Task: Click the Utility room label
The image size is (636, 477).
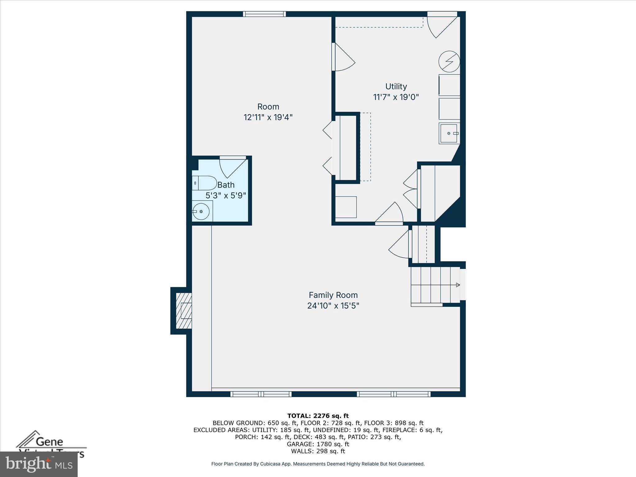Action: pos(396,86)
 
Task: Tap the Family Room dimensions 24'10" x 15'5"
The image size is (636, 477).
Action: pos(333,306)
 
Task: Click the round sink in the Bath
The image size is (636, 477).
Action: pos(201,211)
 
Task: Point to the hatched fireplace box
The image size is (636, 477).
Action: pos(184,311)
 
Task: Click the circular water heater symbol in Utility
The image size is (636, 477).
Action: pos(449,61)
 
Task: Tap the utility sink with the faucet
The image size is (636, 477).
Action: pos(449,133)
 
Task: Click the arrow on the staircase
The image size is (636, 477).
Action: pos(457,285)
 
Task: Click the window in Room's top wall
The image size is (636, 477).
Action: pos(264,14)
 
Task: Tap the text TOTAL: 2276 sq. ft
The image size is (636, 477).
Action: pos(318,416)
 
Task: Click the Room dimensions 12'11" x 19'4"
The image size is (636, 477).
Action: pos(268,117)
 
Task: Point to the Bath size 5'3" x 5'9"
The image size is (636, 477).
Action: pos(226,196)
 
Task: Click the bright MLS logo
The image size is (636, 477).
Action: pos(39,464)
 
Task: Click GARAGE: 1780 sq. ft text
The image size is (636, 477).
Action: pos(318,444)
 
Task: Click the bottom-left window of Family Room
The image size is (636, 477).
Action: pos(261,394)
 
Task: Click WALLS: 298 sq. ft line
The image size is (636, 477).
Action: pos(318,451)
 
